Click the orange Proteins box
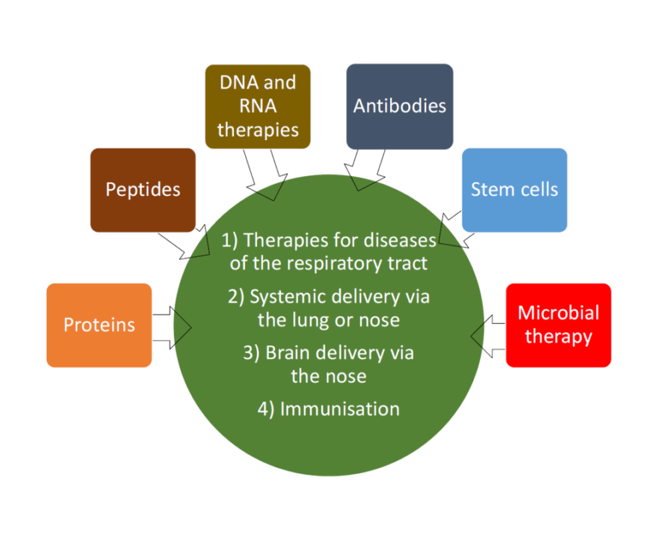point(99,325)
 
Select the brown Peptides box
point(142,190)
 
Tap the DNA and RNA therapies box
point(258,106)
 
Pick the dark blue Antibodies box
point(399,106)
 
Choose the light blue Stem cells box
point(514,190)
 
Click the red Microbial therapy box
point(558,325)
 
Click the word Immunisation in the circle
point(339,409)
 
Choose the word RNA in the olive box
point(257,106)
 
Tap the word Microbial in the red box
point(558,313)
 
